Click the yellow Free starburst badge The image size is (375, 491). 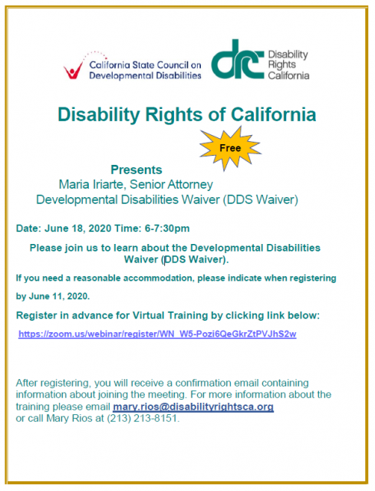[230, 148]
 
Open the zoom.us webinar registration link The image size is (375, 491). [157, 334]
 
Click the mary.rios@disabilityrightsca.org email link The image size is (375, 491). [193, 407]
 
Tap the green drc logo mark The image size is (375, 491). [238, 60]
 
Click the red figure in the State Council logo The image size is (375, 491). [74, 70]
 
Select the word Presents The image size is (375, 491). [137, 170]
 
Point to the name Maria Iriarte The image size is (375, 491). [92, 184]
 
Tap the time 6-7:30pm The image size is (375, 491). [167, 229]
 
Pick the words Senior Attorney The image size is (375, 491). [171, 184]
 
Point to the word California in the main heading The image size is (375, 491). [273, 114]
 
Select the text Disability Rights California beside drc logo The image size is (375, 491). [288, 64]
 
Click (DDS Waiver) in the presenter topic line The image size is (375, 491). [261, 199]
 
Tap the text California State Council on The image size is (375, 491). [145, 64]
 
